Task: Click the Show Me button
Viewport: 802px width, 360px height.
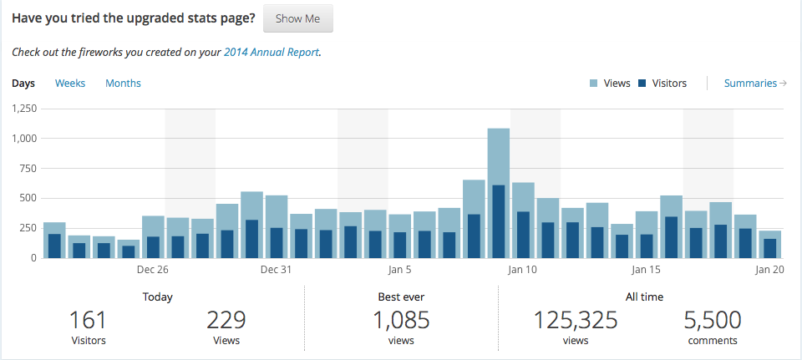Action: pyautogui.click(x=298, y=18)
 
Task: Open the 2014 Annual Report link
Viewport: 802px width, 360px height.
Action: pyautogui.click(x=272, y=52)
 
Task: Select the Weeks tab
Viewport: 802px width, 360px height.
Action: pyautogui.click(x=70, y=84)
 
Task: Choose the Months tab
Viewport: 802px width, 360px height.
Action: pyautogui.click(x=123, y=84)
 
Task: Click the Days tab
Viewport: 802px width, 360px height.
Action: pyautogui.click(x=23, y=84)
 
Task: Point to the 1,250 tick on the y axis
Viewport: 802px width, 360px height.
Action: pyautogui.click(x=24, y=108)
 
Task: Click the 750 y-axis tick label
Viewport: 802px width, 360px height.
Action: pyautogui.click(x=28, y=168)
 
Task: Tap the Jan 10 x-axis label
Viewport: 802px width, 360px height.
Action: pyautogui.click(x=523, y=270)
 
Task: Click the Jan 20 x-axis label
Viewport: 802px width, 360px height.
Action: pyautogui.click(x=769, y=270)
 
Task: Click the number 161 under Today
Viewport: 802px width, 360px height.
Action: pyautogui.click(x=88, y=320)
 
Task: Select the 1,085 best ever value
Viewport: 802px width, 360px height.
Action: pyautogui.click(x=401, y=320)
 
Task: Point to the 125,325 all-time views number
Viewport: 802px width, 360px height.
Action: pyautogui.click(x=576, y=320)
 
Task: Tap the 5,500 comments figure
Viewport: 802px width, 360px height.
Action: pyautogui.click(x=713, y=320)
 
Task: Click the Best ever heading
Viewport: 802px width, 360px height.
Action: pyautogui.click(x=401, y=297)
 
